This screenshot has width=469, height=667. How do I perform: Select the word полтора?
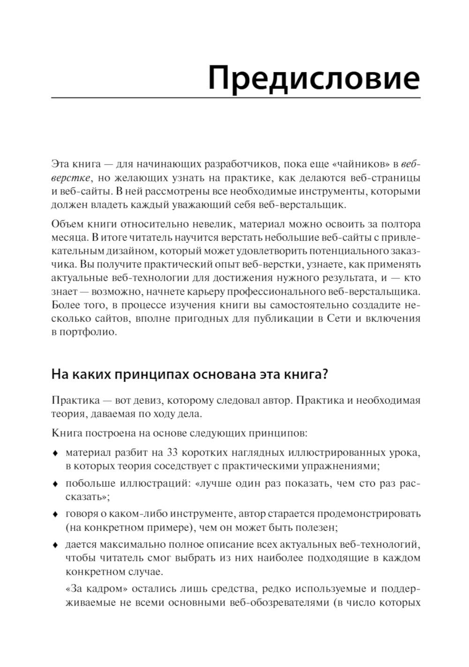coord(401,224)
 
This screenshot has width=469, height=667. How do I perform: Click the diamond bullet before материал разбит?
coord(55,453)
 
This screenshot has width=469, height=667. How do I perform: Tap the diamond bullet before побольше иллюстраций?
coord(55,484)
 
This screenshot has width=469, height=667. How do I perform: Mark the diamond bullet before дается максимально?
coord(55,545)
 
